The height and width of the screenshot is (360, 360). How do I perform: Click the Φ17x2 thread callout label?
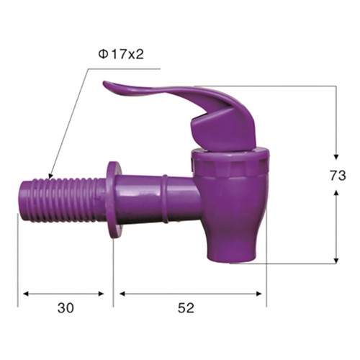[121, 55]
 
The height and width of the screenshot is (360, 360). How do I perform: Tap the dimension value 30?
[66, 308]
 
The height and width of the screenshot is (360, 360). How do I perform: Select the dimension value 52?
[186, 308]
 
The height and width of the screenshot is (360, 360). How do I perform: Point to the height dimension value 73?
[338, 176]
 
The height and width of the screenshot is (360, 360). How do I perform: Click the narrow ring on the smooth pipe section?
[165, 199]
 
